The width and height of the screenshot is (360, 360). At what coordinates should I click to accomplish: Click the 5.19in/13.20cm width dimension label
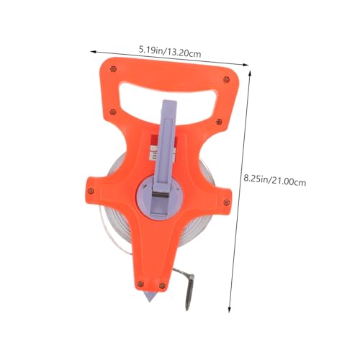pos(170,52)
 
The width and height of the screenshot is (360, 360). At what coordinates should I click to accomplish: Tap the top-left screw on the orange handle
pos(113,69)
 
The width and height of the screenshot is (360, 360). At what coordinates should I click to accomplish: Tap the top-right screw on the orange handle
pos(226,79)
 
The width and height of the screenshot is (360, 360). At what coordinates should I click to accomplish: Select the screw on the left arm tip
pos(91,191)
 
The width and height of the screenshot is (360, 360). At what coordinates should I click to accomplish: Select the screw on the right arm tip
pos(226,202)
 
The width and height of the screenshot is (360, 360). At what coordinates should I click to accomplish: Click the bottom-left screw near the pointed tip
pos(140,284)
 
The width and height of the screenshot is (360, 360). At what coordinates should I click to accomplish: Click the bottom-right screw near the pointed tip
pos(162,286)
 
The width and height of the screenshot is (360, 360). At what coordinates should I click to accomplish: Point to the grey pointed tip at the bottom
pos(150,297)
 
